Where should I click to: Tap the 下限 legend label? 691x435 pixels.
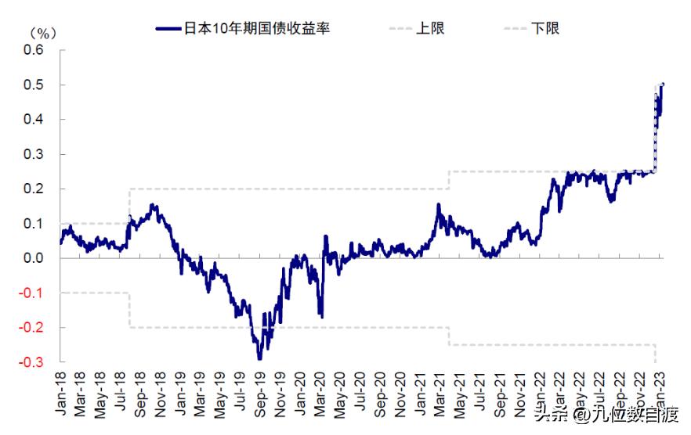[544, 28]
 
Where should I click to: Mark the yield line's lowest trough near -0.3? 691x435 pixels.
[259, 358]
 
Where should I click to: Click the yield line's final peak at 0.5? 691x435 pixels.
[663, 84]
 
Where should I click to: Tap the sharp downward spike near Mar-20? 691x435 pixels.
[321, 316]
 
